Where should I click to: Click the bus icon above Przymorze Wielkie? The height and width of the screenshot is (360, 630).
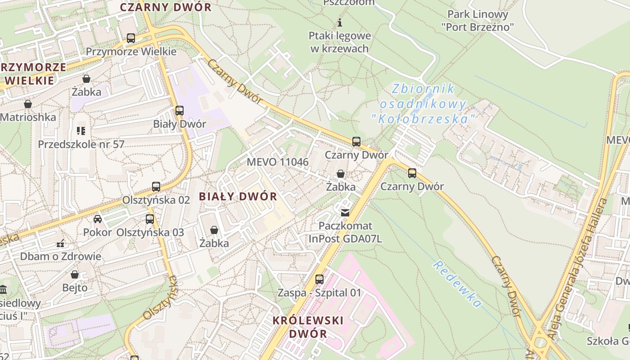tap(131, 38)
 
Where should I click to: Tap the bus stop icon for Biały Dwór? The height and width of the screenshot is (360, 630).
tap(180, 111)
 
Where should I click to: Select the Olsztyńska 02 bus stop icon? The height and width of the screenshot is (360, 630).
tap(156, 187)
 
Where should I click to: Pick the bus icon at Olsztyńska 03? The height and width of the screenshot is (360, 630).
tap(150, 219)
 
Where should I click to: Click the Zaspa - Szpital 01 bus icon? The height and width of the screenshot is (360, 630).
tap(319, 279)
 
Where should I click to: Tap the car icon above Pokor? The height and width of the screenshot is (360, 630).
tap(98, 219)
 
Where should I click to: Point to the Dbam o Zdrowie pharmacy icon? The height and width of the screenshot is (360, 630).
tap(61, 243)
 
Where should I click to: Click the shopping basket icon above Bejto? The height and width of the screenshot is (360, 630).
tap(75, 274)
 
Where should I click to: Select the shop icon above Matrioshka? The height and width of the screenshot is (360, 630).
tap(28, 104)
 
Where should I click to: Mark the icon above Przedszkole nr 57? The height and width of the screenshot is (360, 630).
tap(81, 131)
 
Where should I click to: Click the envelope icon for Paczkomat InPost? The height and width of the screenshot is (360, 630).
tap(345, 213)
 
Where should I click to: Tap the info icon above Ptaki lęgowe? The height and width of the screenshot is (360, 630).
tap(340, 22)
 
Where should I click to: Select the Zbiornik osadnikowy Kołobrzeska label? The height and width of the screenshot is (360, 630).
tap(423, 104)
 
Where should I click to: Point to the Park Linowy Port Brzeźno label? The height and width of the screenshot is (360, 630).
tap(477, 20)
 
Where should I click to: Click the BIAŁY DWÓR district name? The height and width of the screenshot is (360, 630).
tap(238, 197)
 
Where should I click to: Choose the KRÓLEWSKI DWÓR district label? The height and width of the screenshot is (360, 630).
tap(308, 327)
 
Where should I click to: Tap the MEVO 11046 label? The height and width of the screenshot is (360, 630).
tap(278, 162)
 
